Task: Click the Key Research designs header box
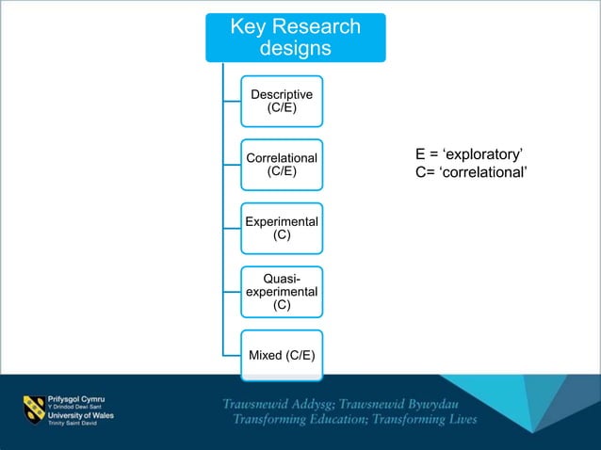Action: tap(295, 38)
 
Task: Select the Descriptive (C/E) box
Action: tap(282, 101)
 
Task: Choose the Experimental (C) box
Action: tap(282, 228)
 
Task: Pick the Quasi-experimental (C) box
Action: tap(282, 291)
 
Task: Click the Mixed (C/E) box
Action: tap(282, 355)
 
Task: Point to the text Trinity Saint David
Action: tap(73, 426)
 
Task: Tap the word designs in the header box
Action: tap(295, 48)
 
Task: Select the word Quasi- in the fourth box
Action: tap(282, 279)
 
